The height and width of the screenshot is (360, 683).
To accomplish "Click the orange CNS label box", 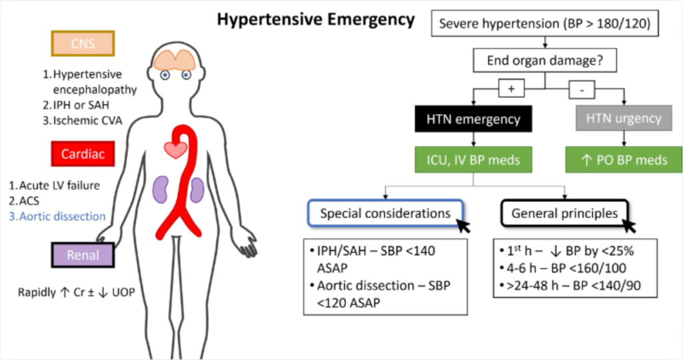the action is pos(83,43).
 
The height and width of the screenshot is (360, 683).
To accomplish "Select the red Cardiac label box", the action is pos(83,153).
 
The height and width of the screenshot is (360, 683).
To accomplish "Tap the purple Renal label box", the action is pos(83,255).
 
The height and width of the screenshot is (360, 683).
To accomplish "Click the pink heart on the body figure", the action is pos(175,150).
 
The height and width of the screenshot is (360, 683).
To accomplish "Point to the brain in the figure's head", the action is pos(175,60).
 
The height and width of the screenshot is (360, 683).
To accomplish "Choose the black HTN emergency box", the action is pos(473,119).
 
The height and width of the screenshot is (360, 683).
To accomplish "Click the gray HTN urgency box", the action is pos(624,118).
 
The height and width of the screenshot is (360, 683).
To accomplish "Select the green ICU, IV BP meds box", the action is pos(473,160).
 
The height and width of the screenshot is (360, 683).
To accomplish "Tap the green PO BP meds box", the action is pos(624,160).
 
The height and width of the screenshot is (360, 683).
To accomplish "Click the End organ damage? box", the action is pos(545,60).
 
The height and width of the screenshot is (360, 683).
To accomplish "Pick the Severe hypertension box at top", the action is pos(545,23).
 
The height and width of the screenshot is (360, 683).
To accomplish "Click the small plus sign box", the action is pos(512,89).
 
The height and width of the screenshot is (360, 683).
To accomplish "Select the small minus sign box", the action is pos(582,90).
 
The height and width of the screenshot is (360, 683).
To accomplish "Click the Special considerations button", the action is pos(385,213).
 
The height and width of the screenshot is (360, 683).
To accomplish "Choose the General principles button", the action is pos(564,213).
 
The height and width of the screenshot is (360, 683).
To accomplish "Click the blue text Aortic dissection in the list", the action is pos(57,217).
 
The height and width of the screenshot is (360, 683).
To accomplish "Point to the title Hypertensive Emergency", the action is pos(315,19).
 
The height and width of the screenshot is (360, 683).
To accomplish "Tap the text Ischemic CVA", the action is pos(83,121).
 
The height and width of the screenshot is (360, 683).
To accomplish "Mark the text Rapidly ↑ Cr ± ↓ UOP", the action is pos(76,293).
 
